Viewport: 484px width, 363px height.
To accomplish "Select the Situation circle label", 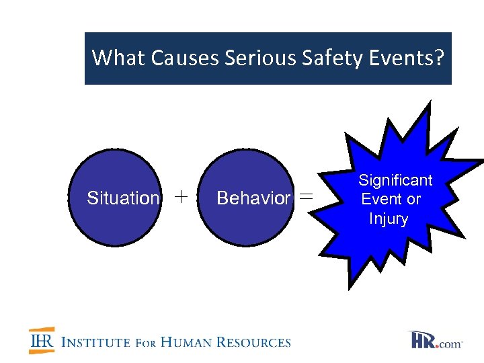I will click(123, 198).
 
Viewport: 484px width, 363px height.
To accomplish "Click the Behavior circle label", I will click(253, 198).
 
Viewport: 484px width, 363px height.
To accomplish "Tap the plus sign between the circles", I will click(181, 197).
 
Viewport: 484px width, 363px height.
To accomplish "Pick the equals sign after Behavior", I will click(306, 197).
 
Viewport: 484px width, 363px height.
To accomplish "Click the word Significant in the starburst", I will click(395, 180).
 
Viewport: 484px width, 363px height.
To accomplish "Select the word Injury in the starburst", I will click(389, 219).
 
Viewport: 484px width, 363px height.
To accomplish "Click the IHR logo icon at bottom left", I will click(42, 341).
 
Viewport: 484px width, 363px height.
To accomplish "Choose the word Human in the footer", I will click(186, 342).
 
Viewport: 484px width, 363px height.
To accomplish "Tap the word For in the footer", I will click(146, 343).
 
